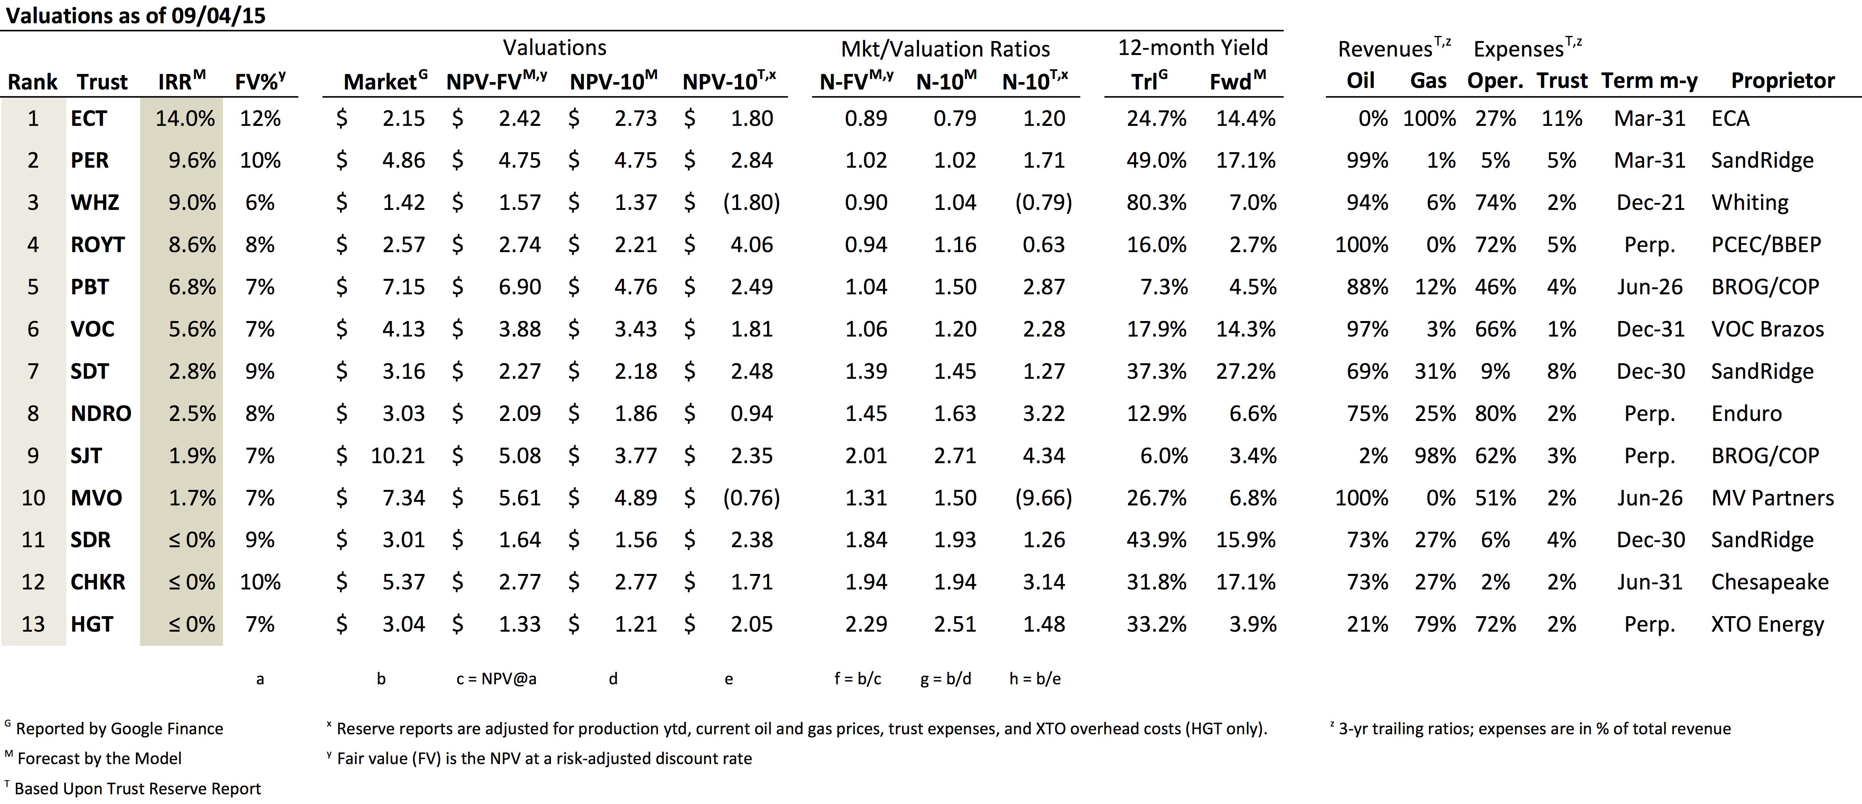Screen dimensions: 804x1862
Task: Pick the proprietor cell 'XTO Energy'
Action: tap(1767, 624)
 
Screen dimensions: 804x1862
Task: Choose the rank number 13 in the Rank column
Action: tap(33, 624)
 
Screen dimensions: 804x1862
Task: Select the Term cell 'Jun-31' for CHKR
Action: tap(1649, 582)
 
